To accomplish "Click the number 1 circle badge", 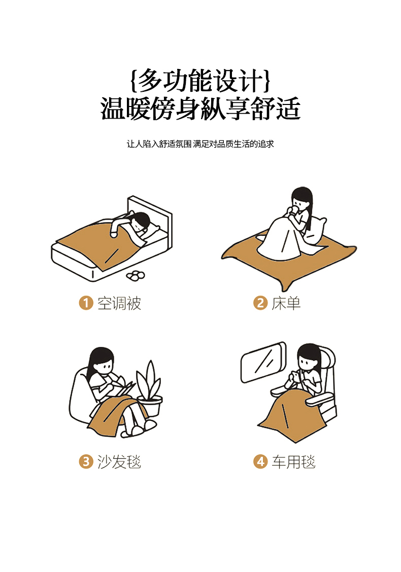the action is click(x=86, y=303).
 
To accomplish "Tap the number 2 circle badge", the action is click(x=260, y=303).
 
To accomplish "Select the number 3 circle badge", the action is click(x=86, y=461).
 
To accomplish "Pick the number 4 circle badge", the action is click(x=260, y=461).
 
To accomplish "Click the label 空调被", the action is click(x=119, y=303).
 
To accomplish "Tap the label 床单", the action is click(x=286, y=303).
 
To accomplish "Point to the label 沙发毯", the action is click(x=119, y=462).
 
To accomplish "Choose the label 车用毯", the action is click(x=293, y=462).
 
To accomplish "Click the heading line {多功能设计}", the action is click(x=200, y=80).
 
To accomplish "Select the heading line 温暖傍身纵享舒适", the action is click(x=200, y=109).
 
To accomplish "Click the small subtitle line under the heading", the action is click(x=200, y=144).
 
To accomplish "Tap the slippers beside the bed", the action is click(x=136, y=275).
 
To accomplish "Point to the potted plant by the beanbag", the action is click(x=149, y=388).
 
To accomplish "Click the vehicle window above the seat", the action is click(x=263, y=362).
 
